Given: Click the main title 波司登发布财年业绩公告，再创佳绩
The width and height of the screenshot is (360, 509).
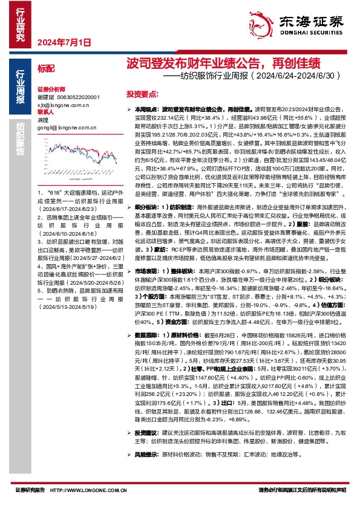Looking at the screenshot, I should [x=223, y=63].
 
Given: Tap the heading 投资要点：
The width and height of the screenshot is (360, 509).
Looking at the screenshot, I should [x=142, y=95].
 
